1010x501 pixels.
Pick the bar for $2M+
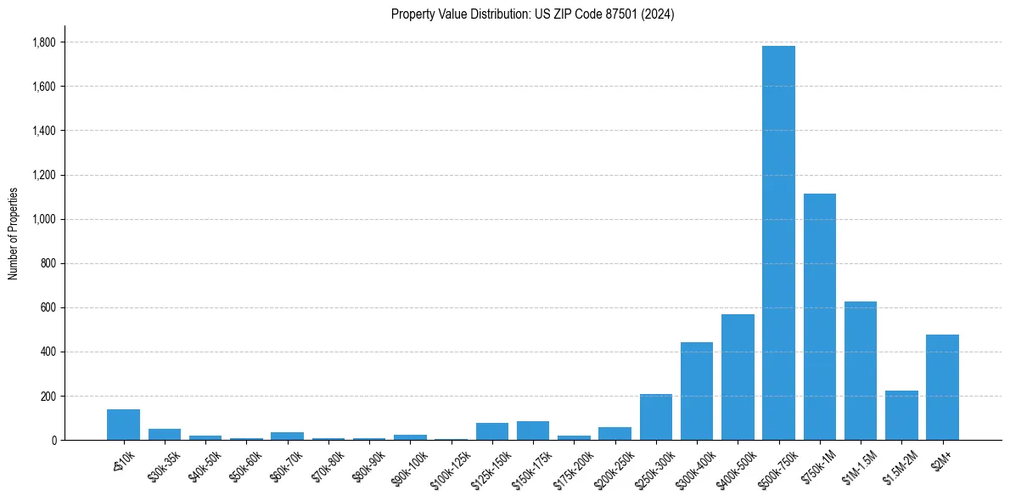(x=942, y=387)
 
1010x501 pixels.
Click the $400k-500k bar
(x=738, y=377)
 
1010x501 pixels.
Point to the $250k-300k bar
(x=656, y=417)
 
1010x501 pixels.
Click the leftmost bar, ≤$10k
(x=123, y=425)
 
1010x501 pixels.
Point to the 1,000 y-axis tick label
(x=42, y=219)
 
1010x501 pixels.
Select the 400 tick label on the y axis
(x=48, y=352)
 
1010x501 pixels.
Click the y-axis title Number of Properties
(x=13, y=234)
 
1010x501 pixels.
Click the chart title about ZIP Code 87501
(x=532, y=14)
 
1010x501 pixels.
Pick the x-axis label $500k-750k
(x=776, y=466)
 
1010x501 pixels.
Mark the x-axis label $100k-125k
(x=447, y=467)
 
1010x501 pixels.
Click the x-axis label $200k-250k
(x=612, y=467)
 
